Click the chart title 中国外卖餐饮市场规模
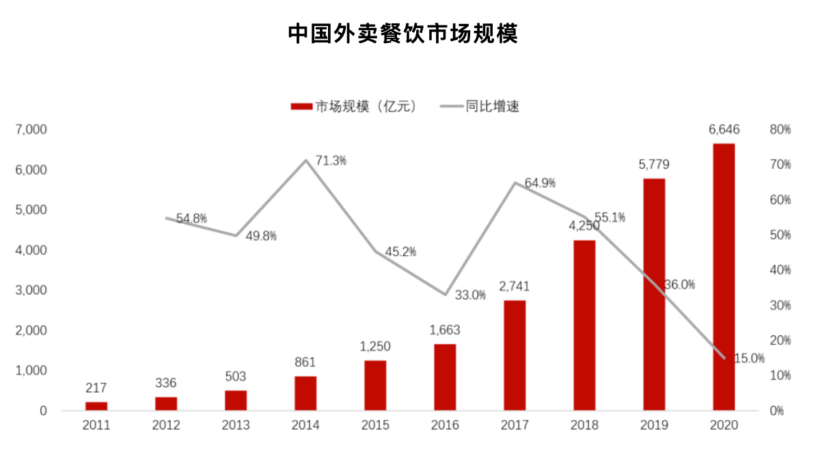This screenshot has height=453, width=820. click(x=402, y=33)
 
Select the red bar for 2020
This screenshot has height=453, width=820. click(x=724, y=277)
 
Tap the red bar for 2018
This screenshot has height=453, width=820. click(x=584, y=325)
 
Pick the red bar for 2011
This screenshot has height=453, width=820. click(x=96, y=406)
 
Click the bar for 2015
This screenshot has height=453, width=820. click(x=374, y=385)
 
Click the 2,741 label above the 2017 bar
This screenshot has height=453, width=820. click(x=514, y=286)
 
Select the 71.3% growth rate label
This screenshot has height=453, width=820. click(x=331, y=161)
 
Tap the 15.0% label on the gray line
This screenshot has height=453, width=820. click(x=749, y=358)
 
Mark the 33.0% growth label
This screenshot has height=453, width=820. click(x=470, y=296)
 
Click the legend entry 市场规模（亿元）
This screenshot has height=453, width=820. click(x=353, y=106)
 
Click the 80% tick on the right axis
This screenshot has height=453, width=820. click(x=780, y=129)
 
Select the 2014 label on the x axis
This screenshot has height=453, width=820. click(x=305, y=426)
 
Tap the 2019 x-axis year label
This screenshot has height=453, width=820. click(x=654, y=426)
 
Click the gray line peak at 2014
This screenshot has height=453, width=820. click(x=305, y=160)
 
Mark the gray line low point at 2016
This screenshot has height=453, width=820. click(x=445, y=294)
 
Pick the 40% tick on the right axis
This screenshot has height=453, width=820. click(x=780, y=270)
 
